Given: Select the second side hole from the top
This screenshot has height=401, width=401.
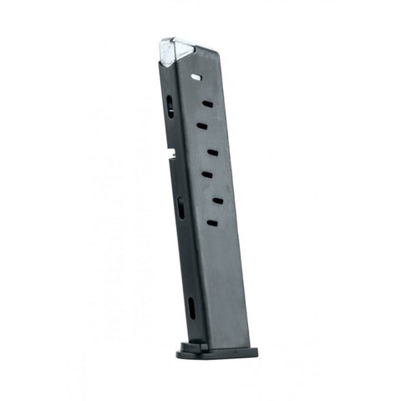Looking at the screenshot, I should point(207,104).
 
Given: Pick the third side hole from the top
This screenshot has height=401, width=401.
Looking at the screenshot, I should point(201,126).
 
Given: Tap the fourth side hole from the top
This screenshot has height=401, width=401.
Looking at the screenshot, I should point(212,152).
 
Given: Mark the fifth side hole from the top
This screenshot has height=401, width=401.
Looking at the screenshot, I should point(206,175).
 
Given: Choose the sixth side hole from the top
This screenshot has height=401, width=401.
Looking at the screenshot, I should point(217,200).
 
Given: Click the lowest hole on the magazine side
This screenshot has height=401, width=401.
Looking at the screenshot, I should point(211,223).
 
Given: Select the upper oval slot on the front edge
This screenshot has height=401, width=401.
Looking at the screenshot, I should point(170,106).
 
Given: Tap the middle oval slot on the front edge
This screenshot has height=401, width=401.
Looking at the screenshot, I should point(180,207).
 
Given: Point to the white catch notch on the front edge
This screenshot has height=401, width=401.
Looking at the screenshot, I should point(170,155).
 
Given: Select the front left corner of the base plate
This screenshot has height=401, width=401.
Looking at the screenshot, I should point(180,354).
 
